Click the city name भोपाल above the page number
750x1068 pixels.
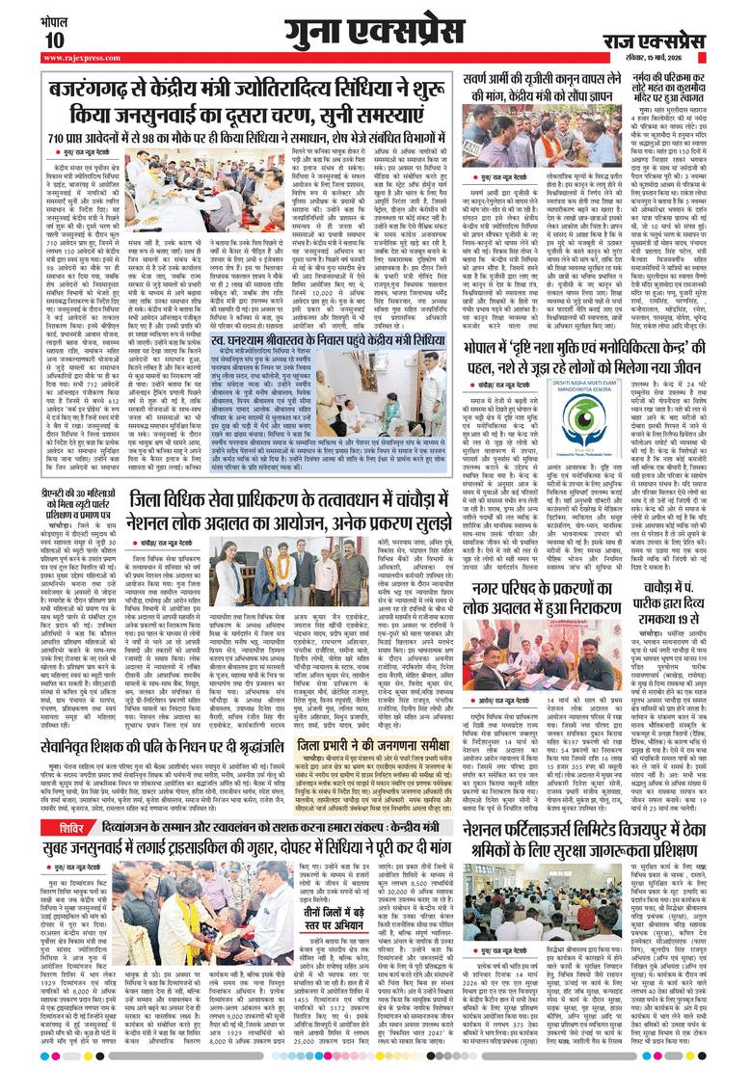54,18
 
